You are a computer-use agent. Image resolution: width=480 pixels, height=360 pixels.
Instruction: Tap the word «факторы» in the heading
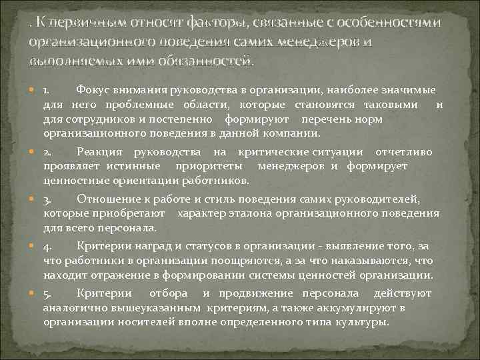[x=212, y=23]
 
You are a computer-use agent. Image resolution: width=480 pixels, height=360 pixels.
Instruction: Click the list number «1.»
[x=48, y=89]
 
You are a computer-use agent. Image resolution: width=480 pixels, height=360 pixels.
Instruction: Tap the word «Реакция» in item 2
[x=100, y=152]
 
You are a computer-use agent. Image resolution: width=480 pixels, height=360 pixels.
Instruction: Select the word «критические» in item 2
[x=263, y=152]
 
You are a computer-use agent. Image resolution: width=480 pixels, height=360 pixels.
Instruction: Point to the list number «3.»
[x=48, y=199]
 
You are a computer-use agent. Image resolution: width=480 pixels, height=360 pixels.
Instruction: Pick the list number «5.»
[x=48, y=293]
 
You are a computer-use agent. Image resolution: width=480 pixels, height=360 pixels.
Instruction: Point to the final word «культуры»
[x=363, y=321]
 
